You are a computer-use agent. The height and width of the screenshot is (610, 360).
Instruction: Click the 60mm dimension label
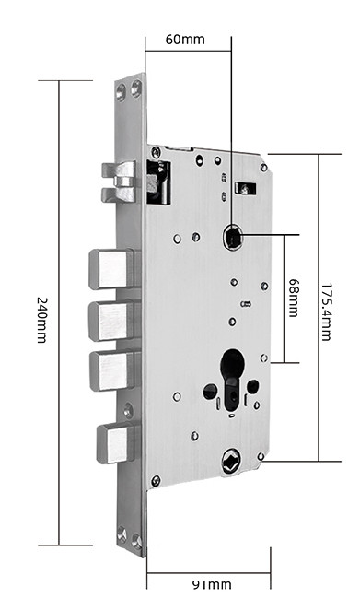click(185, 40)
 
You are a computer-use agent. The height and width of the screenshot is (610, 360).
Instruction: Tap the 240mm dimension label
click(42, 320)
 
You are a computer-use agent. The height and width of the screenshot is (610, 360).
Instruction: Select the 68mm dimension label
click(294, 298)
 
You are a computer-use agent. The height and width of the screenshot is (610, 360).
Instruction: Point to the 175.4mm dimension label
click(326, 312)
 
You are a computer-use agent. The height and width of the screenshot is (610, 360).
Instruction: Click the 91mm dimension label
click(212, 584)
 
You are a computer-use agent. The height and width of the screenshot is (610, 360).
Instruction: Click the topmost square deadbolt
click(112, 269)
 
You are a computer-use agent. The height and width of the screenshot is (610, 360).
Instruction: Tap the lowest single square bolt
click(116, 443)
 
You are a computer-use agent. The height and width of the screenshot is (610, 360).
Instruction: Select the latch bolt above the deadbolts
click(119, 182)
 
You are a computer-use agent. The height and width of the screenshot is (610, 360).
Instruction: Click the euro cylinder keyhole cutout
click(232, 375)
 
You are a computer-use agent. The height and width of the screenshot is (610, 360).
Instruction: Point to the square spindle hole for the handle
click(233, 238)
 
